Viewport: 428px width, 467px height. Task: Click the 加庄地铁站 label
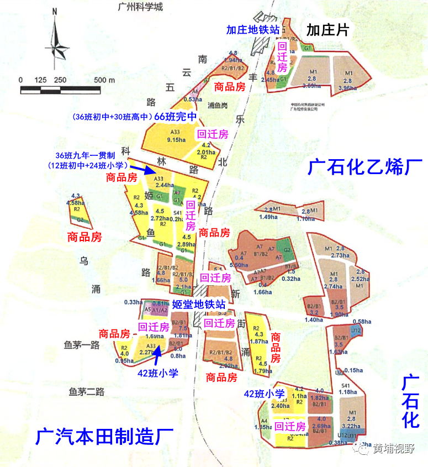pyautogui.click(x=252, y=30)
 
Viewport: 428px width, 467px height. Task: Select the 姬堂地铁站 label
pyautogui.click(x=198, y=304)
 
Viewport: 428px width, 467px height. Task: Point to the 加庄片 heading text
pyautogui.click(x=328, y=30)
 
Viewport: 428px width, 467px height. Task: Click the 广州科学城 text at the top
pyautogui.click(x=138, y=7)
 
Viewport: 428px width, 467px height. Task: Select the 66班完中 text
pyautogui.click(x=175, y=117)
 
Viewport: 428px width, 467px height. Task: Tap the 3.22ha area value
pyautogui.click(x=352, y=426)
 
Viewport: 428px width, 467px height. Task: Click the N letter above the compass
pyautogui.click(x=55, y=11)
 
